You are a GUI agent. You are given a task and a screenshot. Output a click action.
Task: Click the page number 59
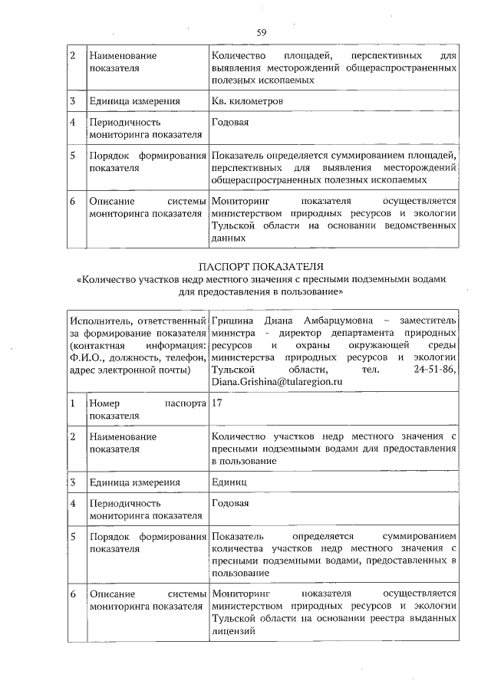click(x=261, y=32)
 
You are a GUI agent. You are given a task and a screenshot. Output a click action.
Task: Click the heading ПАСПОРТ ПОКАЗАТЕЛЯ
click(x=262, y=267)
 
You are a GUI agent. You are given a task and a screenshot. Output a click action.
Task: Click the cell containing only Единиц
click(x=229, y=482)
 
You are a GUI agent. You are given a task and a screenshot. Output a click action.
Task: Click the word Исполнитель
click(x=97, y=320)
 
